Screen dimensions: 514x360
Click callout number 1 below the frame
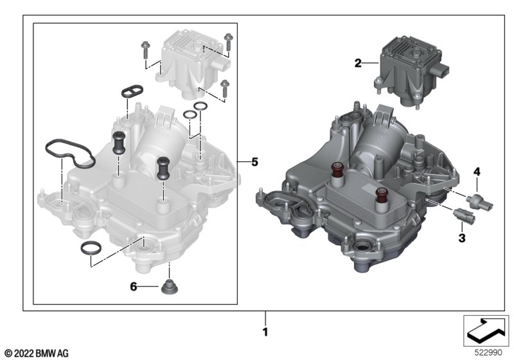coord(265,332)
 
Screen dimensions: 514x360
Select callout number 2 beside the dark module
coord(358,62)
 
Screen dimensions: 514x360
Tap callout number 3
coord(462,238)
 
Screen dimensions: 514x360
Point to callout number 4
coord(477,171)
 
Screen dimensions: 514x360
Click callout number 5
coord(254,161)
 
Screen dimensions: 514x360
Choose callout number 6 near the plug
coord(134,287)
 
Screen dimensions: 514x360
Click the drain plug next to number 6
coord(170,287)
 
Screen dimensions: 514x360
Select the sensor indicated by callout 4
coord(481,202)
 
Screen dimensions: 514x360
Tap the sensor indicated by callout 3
coord(463,215)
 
